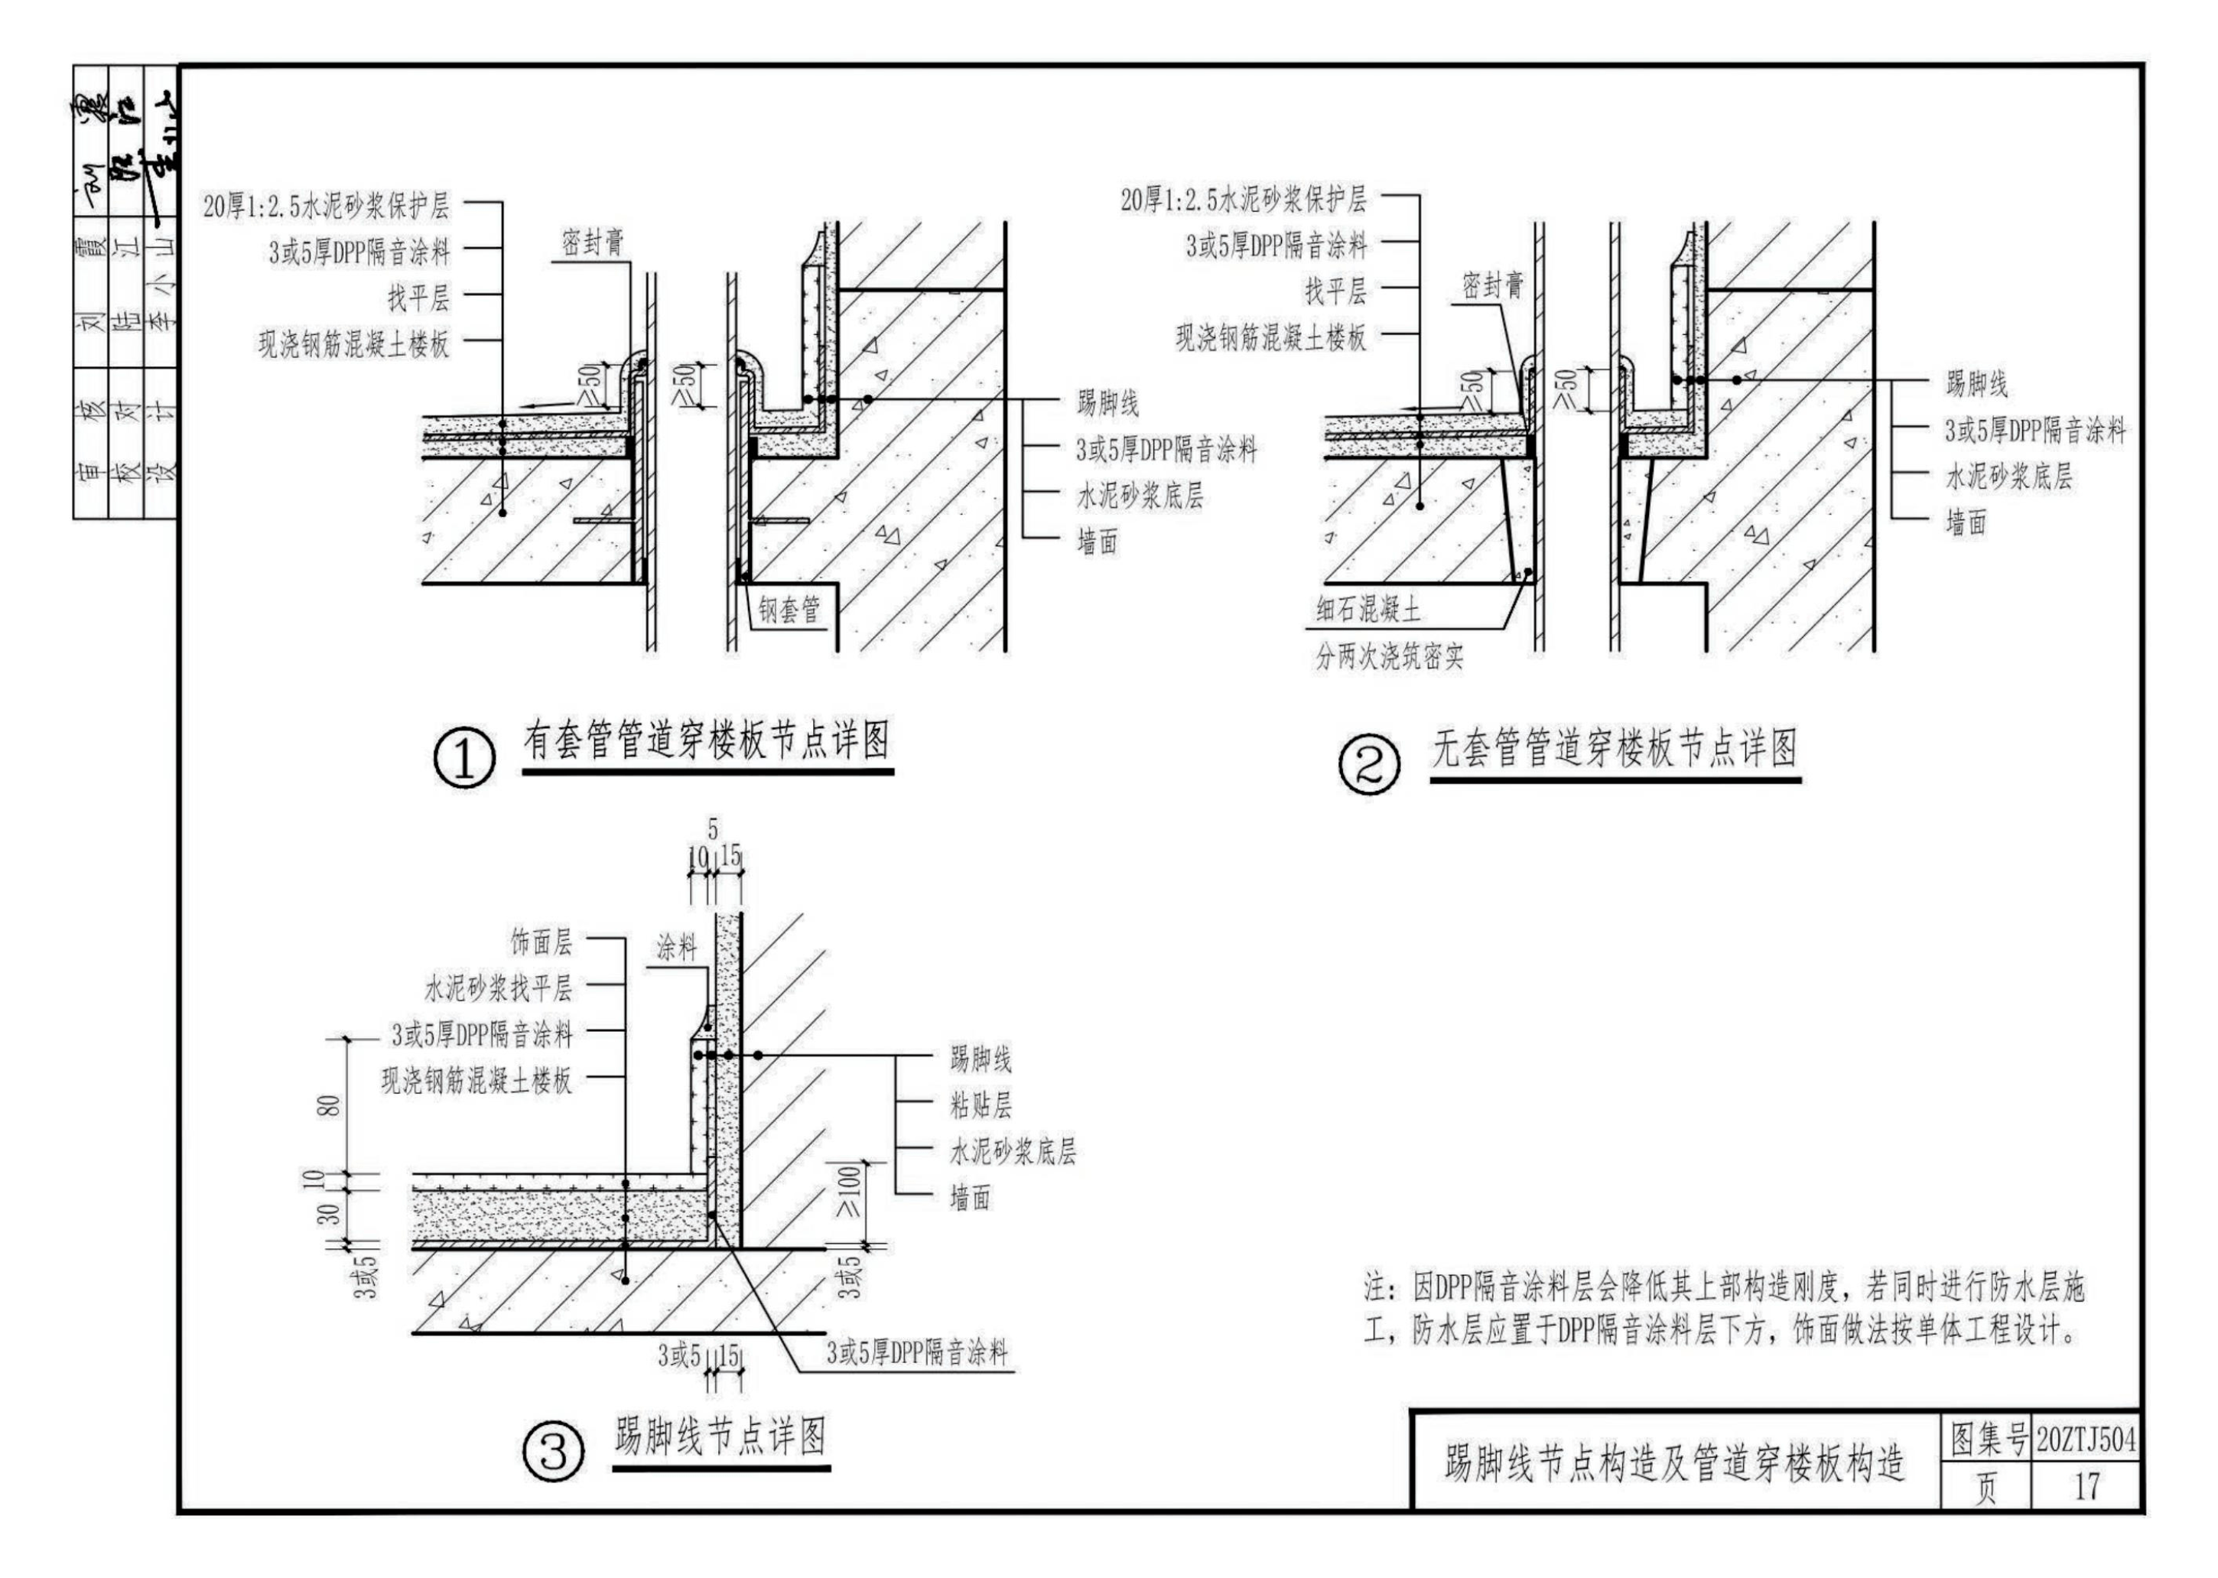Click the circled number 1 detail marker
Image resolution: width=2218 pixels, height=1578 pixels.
click(x=463, y=760)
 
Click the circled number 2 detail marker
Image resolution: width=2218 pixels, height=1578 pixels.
click(x=1369, y=766)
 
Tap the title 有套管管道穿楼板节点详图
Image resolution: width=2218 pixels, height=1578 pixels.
click(x=707, y=740)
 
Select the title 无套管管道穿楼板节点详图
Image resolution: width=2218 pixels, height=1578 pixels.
click(x=1615, y=748)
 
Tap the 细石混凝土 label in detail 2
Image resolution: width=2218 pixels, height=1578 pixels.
click(x=1368, y=610)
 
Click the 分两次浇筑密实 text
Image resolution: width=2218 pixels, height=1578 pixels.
click(x=1389, y=658)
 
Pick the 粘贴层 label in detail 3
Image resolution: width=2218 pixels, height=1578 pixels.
click(x=981, y=1105)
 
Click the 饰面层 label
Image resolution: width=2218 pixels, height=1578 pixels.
click(x=541, y=941)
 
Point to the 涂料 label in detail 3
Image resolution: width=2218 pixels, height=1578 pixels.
click(x=676, y=948)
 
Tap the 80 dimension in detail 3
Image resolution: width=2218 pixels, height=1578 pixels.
click(x=330, y=1106)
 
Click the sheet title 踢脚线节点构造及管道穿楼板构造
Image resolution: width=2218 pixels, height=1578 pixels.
click(x=1673, y=1464)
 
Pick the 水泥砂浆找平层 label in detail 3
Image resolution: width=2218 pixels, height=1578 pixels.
click(x=497, y=988)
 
